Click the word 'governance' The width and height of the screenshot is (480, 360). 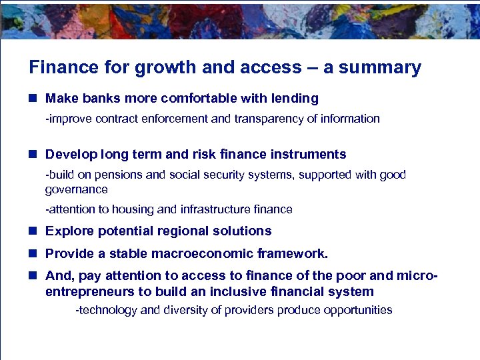point(76,189)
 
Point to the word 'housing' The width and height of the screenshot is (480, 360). point(131,209)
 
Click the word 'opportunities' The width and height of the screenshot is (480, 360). point(358,310)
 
